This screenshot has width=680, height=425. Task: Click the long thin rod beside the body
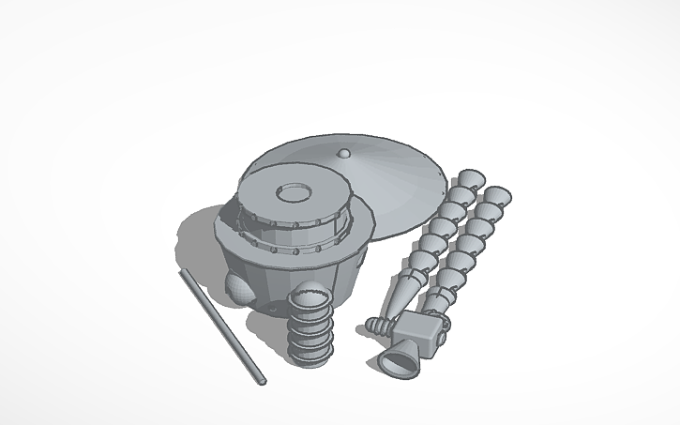point(221,325)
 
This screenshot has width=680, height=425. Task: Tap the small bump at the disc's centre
point(344,153)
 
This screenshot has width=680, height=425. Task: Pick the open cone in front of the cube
point(397,359)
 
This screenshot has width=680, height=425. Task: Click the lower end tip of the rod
point(261,380)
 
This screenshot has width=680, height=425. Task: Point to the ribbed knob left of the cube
point(377,326)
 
